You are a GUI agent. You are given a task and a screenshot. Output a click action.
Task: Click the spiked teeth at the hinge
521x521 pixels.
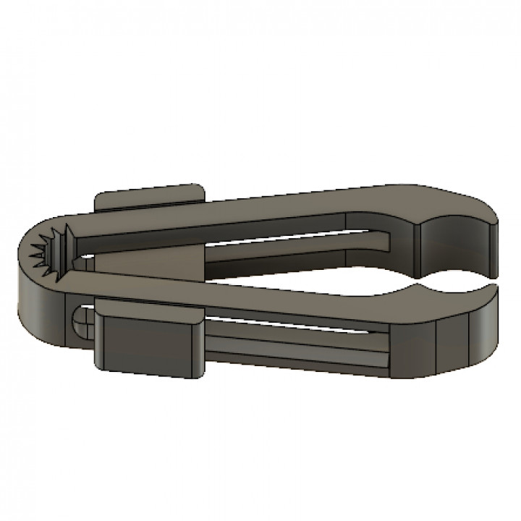52,250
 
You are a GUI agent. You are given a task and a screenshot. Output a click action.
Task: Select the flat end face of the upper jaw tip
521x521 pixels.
493,246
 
